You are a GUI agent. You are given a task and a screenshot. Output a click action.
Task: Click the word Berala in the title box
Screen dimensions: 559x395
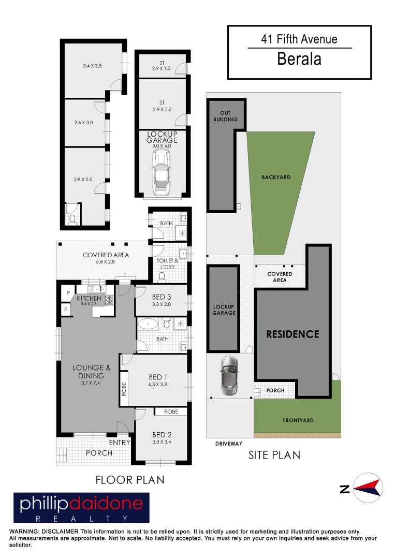pos(299,59)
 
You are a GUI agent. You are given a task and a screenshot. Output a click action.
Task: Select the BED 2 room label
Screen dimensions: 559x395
pos(159,435)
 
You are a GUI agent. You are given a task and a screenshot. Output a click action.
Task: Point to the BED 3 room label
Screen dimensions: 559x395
pos(162,297)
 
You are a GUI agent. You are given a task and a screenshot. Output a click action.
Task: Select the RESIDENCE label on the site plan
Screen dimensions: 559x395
pos(292,334)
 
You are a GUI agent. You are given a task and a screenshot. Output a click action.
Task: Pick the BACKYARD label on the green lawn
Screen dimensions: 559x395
pos(276,177)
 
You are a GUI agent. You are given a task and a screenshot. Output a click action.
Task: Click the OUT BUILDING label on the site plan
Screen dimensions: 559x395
pos(225,116)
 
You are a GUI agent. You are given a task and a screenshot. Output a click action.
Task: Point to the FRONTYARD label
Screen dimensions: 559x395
pos(298,421)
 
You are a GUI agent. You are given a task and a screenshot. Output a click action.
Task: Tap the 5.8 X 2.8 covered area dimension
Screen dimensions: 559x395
pos(106,262)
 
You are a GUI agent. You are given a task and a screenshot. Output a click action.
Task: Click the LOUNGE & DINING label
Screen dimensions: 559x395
pos(88,372)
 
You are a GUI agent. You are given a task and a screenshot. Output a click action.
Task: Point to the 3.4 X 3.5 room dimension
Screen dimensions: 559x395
pos(92,66)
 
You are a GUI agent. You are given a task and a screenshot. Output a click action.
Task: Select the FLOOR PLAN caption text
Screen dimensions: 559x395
pos(130,480)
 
